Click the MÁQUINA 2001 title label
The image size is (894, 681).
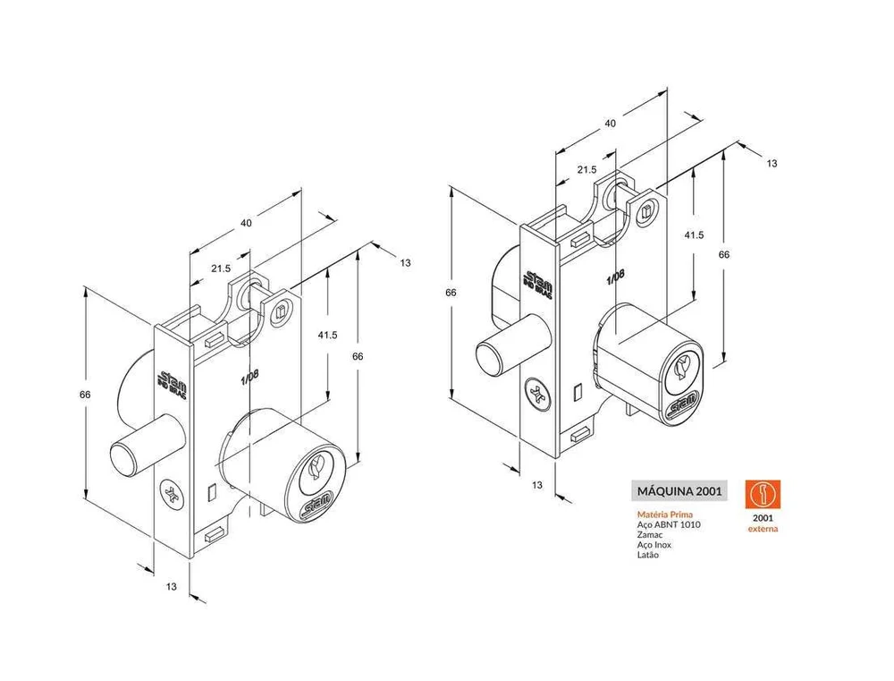pyautogui.click(x=679, y=491)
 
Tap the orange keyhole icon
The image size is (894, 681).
pyautogui.click(x=763, y=494)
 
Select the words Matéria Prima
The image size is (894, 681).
pyautogui.click(x=665, y=515)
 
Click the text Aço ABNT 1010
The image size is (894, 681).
pyautogui.click(x=669, y=524)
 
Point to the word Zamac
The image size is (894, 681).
pyautogui.click(x=650, y=535)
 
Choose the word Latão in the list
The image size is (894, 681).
pyautogui.click(x=647, y=555)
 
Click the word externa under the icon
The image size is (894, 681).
pyautogui.click(x=763, y=529)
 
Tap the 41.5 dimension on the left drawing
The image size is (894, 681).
pyautogui.click(x=327, y=335)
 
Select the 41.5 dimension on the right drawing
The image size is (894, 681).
pyautogui.click(x=694, y=234)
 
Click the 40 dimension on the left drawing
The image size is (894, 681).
pyautogui.click(x=246, y=223)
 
